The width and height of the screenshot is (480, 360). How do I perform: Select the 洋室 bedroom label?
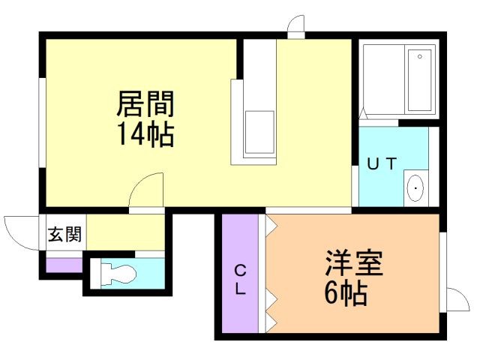pos(355,263)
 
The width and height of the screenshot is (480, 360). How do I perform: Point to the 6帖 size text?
pos(346,293)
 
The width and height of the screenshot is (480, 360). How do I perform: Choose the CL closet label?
pos(239,279)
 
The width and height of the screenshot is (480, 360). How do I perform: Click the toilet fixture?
pos(117,273)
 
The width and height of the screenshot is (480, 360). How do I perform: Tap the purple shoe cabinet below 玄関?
pos(64,265)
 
